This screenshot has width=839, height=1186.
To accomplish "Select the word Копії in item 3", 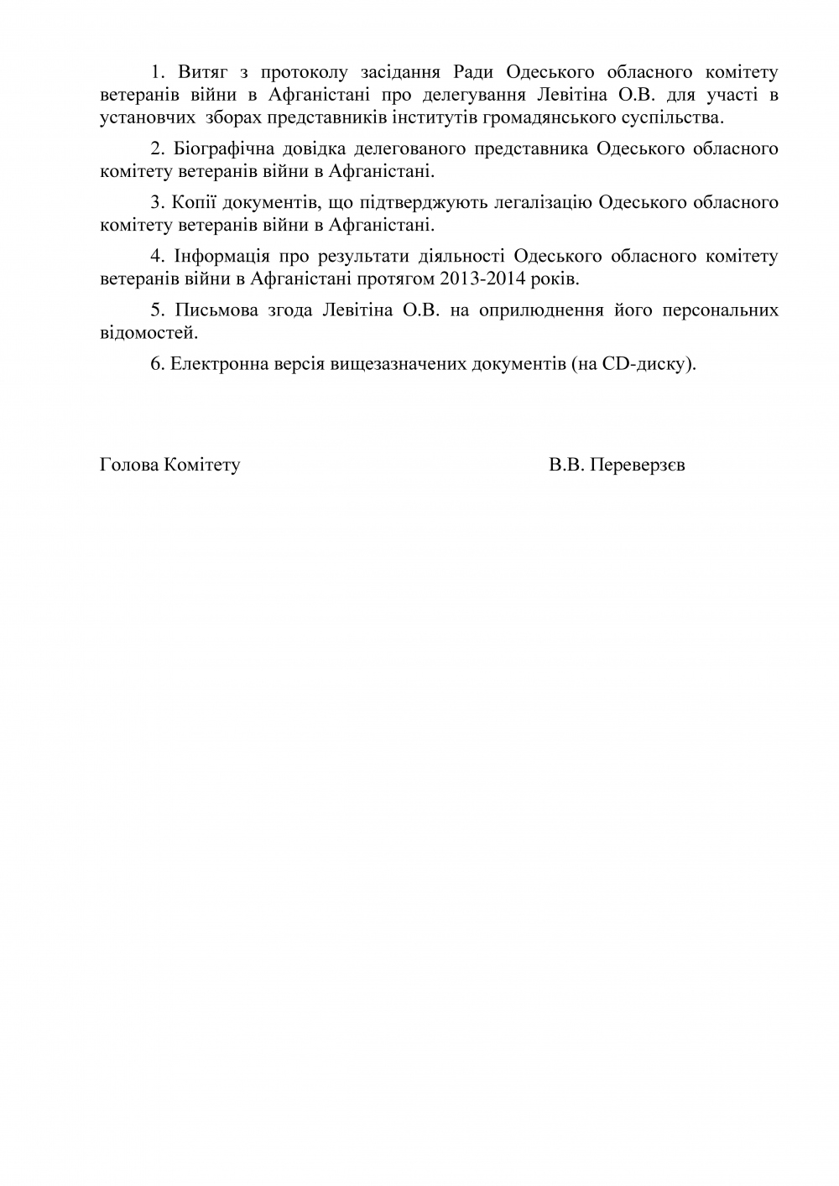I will [195, 202].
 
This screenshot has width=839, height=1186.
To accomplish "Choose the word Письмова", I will [218, 310].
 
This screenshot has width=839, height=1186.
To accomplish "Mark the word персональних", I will [722, 310].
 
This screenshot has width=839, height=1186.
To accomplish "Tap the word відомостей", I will [148, 332].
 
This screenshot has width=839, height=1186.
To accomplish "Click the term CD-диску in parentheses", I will [647, 363].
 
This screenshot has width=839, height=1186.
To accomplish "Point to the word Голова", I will [128, 464].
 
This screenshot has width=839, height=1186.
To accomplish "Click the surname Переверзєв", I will [638, 464].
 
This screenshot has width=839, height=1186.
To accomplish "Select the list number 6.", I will [155, 363].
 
